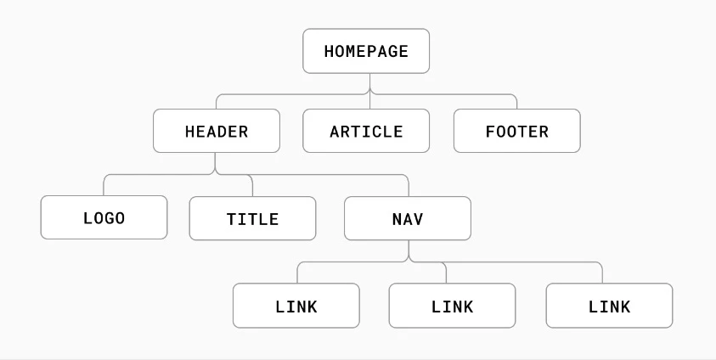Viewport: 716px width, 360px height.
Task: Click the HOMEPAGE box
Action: tap(366, 51)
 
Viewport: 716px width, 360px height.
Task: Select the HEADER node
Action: tap(217, 131)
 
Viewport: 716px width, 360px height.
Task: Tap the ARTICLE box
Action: tap(366, 131)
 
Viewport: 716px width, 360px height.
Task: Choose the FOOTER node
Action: tap(517, 131)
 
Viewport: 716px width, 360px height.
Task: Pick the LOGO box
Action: tap(104, 217)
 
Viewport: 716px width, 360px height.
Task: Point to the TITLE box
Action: tap(252, 218)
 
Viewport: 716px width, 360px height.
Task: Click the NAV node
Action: tap(408, 218)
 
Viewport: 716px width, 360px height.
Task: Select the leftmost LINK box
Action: tap(296, 306)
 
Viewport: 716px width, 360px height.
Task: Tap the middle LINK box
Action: tap(452, 306)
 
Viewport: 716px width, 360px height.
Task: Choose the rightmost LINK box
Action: tap(609, 306)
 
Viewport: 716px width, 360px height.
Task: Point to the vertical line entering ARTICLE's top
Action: tap(369, 102)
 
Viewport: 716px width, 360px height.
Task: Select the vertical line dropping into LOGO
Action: tap(104, 187)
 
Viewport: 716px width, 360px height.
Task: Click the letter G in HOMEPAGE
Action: tap(392, 51)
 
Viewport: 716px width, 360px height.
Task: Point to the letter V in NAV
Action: tap(418, 219)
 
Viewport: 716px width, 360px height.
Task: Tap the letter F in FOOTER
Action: tap(490, 132)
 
